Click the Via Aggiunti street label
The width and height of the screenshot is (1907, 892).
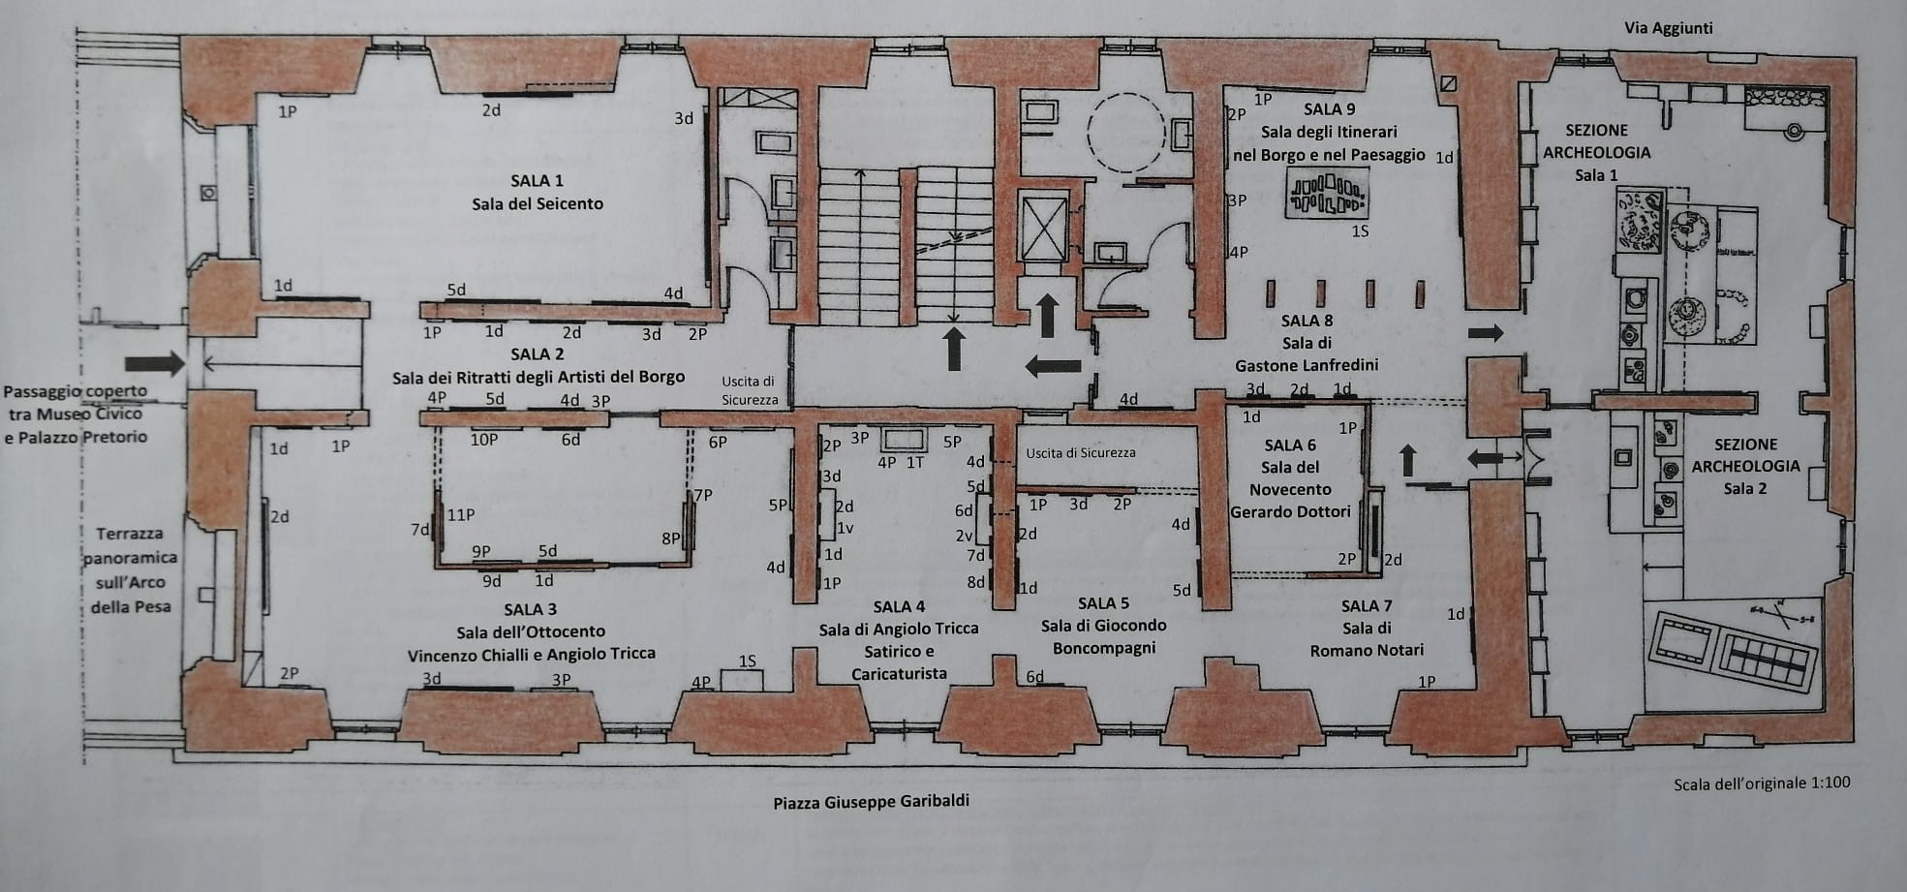click(1668, 28)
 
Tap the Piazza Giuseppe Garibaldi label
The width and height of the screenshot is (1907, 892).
click(871, 801)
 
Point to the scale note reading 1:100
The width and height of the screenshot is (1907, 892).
click(1761, 783)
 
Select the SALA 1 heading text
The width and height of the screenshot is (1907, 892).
click(538, 180)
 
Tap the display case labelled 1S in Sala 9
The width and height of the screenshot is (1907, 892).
click(1327, 194)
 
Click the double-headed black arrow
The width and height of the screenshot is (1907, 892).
click(1492, 459)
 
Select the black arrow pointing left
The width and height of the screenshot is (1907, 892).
click(1053, 365)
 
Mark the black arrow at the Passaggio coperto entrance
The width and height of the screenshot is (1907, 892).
click(155, 364)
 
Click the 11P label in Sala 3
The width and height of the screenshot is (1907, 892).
click(461, 515)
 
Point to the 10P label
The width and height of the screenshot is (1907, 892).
click(484, 440)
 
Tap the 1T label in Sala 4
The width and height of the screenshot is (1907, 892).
click(915, 463)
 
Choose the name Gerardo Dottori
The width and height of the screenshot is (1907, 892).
click(1290, 511)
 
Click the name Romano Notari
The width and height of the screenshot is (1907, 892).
click(1367, 651)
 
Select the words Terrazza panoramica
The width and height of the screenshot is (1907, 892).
click(129, 545)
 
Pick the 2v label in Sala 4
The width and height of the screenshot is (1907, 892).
click(964, 536)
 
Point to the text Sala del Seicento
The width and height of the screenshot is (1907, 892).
click(538, 203)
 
